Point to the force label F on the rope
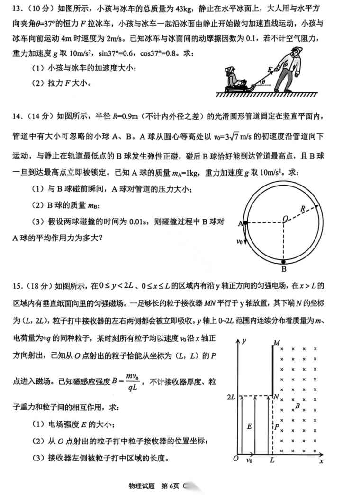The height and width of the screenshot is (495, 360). click(x=270, y=70)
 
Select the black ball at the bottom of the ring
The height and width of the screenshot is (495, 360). click(x=284, y=261)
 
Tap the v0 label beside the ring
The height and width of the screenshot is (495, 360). click(x=239, y=241)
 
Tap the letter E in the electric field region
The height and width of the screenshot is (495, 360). click(x=249, y=426)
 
